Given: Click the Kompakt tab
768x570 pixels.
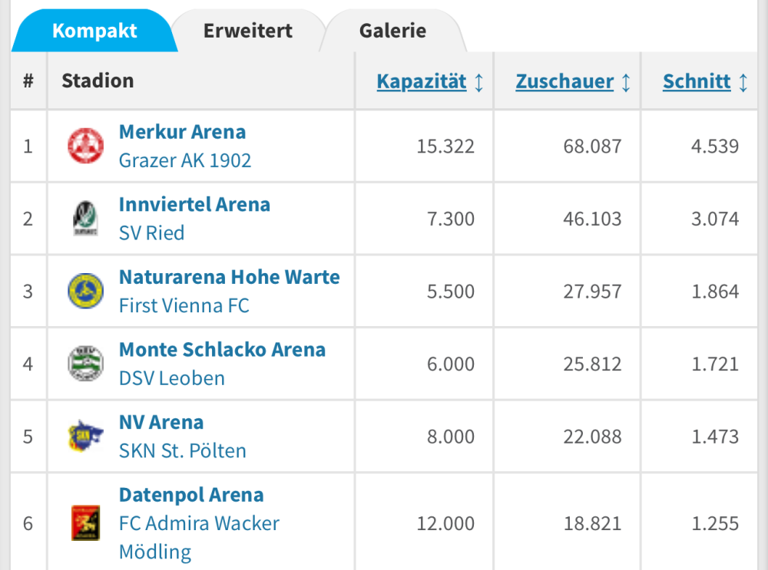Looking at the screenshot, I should pyautogui.click(x=94, y=31).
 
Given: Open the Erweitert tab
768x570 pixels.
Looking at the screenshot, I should pyautogui.click(x=247, y=31).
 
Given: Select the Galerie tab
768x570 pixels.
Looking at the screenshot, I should pyautogui.click(x=392, y=31).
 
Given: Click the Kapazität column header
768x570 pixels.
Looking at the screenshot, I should pyautogui.click(x=422, y=82).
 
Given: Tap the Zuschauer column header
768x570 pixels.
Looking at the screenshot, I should pyautogui.click(x=564, y=82).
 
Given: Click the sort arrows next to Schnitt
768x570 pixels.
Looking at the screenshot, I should pyautogui.click(x=743, y=82).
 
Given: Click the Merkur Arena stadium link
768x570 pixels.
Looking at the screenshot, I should pyautogui.click(x=182, y=132).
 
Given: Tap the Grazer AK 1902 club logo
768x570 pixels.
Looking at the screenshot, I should pyautogui.click(x=85, y=146).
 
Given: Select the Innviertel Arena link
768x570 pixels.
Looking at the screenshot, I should pyautogui.click(x=194, y=205).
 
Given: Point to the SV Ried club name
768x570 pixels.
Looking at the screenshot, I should pyautogui.click(x=151, y=233).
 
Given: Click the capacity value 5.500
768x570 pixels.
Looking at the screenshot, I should pyautogui.click(x=451, y=292).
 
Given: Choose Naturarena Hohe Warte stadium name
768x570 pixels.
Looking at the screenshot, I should pyautogui.click(x=229, y=277).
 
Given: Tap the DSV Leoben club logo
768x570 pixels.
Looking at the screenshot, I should pyautogui.click(x=85, y=364).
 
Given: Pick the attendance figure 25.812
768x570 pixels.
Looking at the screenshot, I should pyautogui.click(x=592, y=364).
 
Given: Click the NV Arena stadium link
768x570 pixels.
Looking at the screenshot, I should pyautogui.click(x=161, y=423).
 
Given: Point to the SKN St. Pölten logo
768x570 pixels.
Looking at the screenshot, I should pyautogui.click(x=85, y=436).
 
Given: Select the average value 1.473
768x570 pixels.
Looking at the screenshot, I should pyautogui.click(x=714, y=437).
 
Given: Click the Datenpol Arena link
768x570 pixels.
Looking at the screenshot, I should pyautogui.click(x=191, y=495).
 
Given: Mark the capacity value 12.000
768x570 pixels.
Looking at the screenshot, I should pyautogui.click(x=445, y=524).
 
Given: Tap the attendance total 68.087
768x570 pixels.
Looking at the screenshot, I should pyautogui.click(x=592, y=147).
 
